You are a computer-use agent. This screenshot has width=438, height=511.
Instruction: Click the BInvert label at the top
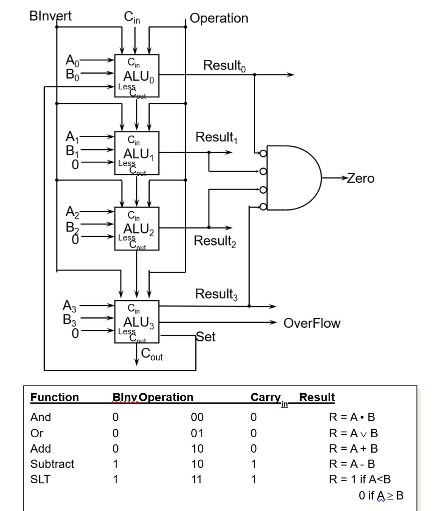click(x=50, y=15)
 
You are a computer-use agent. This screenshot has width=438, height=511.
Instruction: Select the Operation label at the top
click(x=219, y=18)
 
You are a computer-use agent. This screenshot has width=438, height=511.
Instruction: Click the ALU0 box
click(x=137, y=76)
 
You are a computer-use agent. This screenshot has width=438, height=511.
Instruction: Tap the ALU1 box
click(x=137, y=153)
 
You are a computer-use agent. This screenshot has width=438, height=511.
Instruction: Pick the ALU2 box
click(x=137, y=229)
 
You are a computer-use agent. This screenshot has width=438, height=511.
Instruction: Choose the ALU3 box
click(x=137, y=321)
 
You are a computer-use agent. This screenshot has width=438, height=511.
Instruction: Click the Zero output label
click(x=360, y=178)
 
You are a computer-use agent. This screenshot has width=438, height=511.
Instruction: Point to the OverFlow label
click(x=312, y=323)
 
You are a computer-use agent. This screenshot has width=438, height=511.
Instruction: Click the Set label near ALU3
click(x=206, y=337)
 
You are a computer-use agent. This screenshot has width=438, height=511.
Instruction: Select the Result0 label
click(x=224, y=66)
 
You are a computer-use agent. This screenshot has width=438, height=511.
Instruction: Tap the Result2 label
click(x=215, y=242)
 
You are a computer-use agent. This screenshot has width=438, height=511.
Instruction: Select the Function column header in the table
click(x=54, y=397)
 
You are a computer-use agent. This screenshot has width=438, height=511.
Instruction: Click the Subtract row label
click(x=52, y=464)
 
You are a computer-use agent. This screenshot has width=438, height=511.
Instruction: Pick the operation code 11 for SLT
click(x=197, y=480)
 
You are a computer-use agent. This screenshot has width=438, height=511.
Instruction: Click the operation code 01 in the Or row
click(x=197, y=433)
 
